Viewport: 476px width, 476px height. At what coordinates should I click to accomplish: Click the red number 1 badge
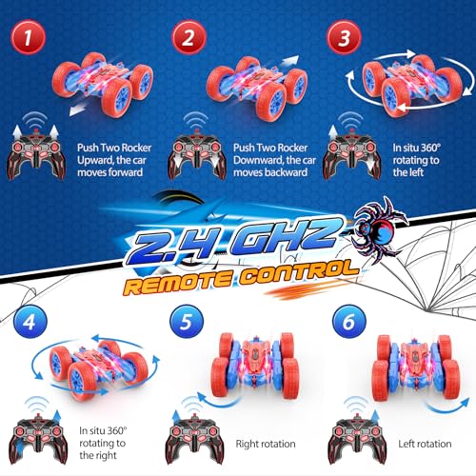click(x=29, y=37)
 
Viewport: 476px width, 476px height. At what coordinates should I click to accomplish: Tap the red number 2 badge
click(x=188, y=37)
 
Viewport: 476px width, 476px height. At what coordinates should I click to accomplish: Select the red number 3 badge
click(x=345, y=37)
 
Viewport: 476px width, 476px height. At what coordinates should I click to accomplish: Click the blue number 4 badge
click(x=30, y=322)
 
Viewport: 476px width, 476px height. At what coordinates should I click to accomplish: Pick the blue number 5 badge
click(x=187, y=322)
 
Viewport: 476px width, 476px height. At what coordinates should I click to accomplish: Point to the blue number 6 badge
click(x=349, y=322)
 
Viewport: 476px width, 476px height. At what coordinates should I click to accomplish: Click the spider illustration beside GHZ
click(x=378, y=230)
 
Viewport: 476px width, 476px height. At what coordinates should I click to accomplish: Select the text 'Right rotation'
click(x=266, y=444)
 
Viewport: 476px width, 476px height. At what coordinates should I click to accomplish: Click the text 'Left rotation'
click(x=425, y=444)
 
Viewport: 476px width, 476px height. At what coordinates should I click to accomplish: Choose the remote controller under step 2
click(x=197, y=155)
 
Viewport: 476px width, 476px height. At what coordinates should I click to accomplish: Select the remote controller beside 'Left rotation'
click(x=358, y=440)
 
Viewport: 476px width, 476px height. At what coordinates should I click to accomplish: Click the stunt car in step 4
click(x=98, y=368)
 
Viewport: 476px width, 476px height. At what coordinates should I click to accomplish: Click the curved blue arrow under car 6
click(x=448, y=407)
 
